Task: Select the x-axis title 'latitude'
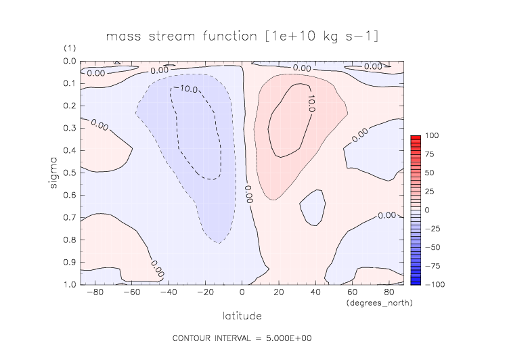point(242,315)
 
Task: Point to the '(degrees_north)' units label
point(379,303)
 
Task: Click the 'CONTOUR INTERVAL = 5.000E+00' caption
point(242,338)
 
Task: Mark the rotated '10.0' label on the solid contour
point(311,103)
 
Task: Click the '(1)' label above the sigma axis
point(70,49)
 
